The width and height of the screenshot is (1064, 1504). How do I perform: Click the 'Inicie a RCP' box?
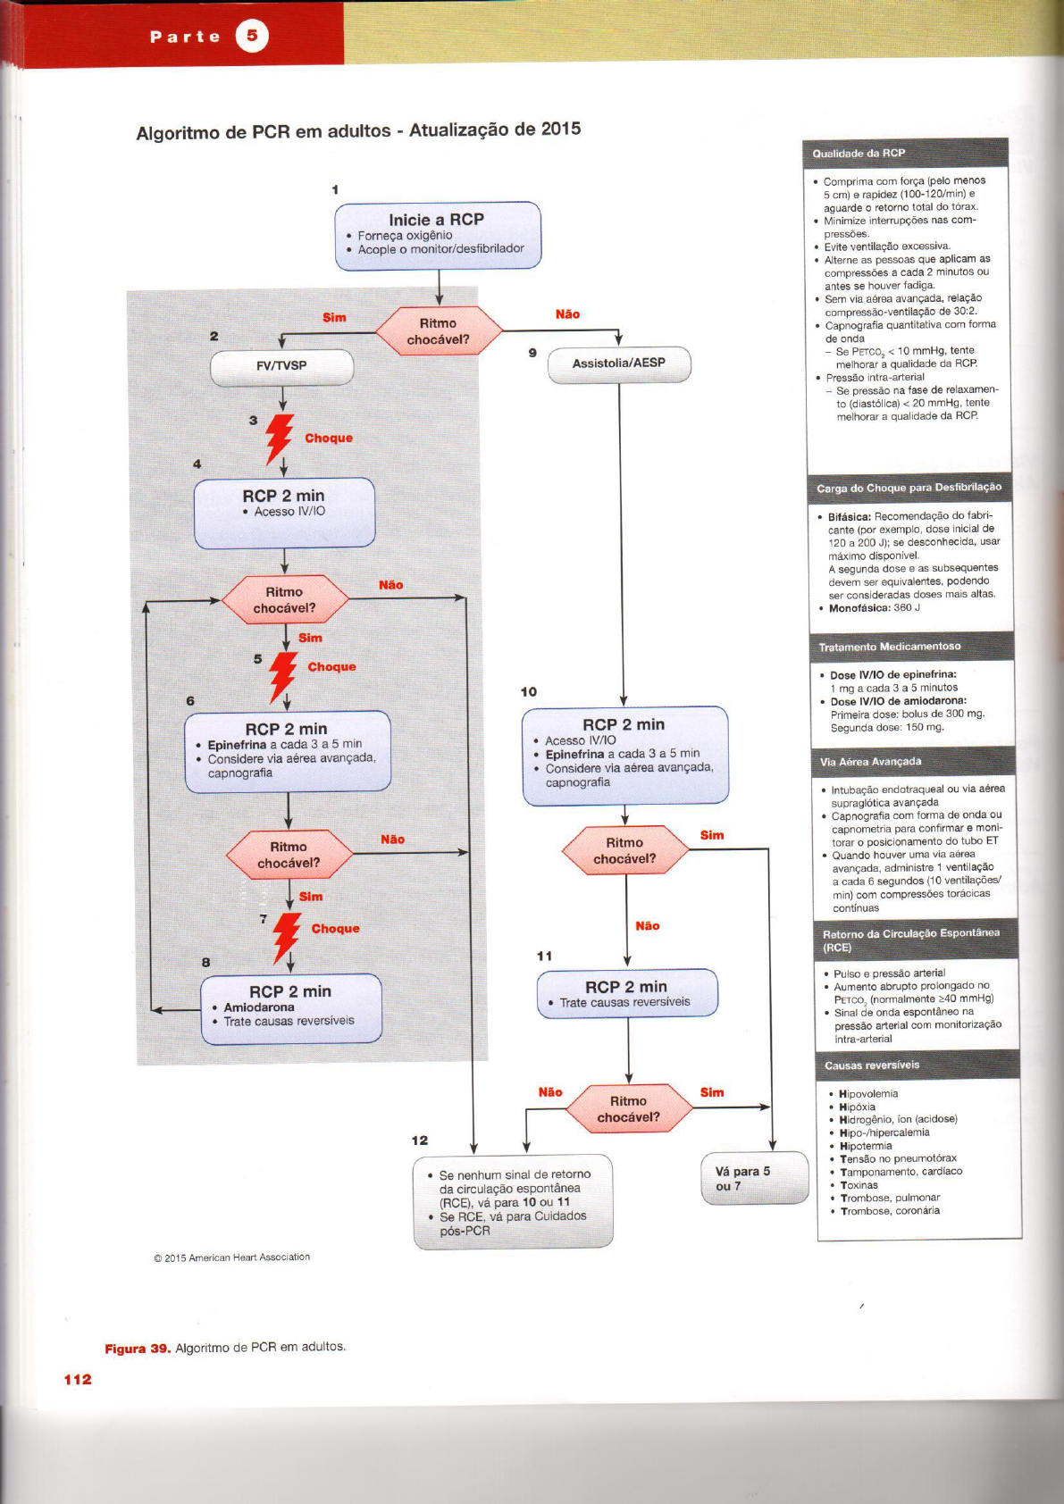438,235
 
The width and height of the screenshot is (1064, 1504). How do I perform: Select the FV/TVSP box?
281,366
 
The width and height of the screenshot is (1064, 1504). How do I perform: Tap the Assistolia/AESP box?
619,363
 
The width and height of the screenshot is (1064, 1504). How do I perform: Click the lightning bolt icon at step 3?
280,438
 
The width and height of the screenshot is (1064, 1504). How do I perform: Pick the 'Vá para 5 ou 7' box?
755,1179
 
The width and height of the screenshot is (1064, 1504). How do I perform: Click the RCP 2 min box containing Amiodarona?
291,1008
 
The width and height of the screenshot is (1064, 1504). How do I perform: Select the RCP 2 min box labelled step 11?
627,993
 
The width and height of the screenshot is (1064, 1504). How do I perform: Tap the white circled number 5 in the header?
252,36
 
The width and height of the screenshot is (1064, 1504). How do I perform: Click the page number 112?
78,1379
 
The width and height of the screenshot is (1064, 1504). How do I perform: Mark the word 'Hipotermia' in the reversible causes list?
866,1146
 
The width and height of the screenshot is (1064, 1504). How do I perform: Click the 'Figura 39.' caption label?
138,1349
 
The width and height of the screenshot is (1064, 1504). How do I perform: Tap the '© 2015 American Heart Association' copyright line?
232,1258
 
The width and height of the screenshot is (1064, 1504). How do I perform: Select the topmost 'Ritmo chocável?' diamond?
438,331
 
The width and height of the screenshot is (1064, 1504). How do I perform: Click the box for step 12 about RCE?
513,1202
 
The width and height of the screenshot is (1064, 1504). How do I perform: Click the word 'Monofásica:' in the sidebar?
859,608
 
